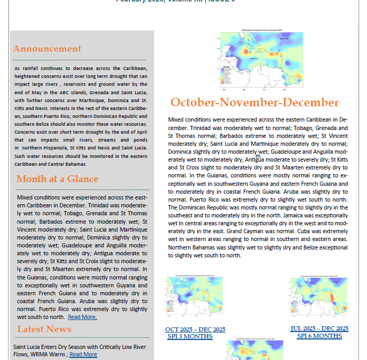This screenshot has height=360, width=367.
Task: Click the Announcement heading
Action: [x=47, y=49]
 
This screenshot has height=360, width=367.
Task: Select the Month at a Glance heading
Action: [x=57, y=179]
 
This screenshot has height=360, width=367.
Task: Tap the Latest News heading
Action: [x=44, y=329]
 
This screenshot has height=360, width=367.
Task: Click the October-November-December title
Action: [x=254, y=103]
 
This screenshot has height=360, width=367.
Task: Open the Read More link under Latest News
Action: [x=83, y=355]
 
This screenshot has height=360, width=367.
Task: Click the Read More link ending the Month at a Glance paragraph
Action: [x=82, y=317]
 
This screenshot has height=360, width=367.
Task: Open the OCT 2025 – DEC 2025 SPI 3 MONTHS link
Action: [x=195, y=333]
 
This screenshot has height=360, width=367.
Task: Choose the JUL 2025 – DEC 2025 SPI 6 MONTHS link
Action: [x=319, y=332]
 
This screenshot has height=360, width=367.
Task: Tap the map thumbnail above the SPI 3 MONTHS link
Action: [x=195, y=298]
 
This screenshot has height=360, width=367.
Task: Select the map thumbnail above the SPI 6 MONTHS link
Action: [x=319, y=298]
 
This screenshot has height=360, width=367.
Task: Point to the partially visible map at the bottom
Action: [x=255, y=350]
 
